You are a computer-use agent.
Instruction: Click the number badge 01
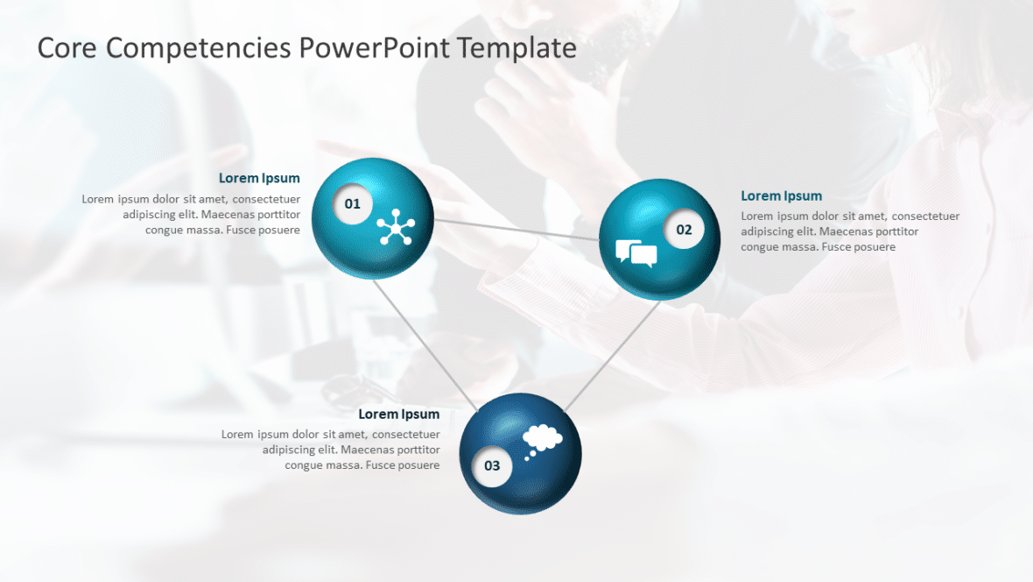[353, 204]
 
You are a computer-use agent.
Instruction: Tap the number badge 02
[684, 230]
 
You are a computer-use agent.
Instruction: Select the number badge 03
[492, 465]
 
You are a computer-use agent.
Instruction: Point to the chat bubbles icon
[636, 252]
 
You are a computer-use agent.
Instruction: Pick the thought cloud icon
[541, 438]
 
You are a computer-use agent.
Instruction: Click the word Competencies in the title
[198, 47]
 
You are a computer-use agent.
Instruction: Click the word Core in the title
[67, 47]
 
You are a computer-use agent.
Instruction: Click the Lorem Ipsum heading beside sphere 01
[259, 179]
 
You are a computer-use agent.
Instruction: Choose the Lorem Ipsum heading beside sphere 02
[781, 196]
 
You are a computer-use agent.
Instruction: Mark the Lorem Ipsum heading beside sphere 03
[399, 415]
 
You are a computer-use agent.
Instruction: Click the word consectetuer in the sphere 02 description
[926, 216]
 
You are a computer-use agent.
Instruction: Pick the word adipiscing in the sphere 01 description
[151, 215]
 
